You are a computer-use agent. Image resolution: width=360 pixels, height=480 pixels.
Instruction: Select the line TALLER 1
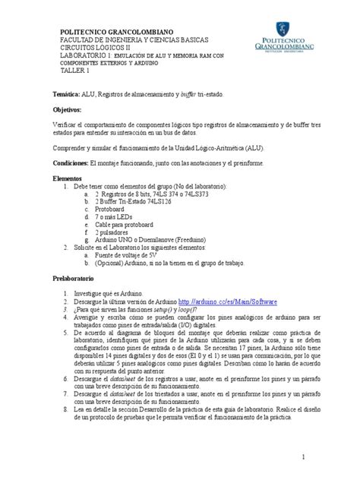pyautogui.click(x=76, y=71)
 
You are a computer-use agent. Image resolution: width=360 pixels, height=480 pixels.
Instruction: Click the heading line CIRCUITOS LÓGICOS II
pyautogui.click(x=99, y=47)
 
